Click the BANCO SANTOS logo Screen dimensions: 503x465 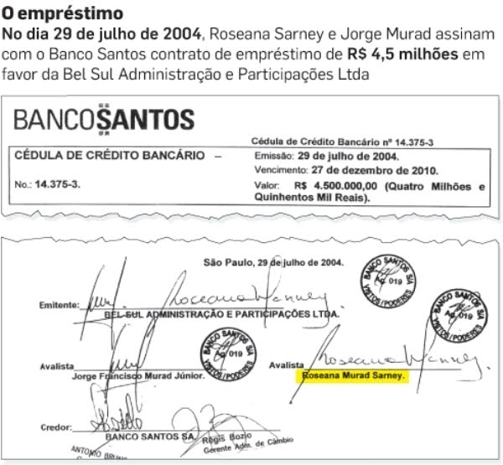point(103,119)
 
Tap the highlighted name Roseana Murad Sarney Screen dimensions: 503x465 point(355,377)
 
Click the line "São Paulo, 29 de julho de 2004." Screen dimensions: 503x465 point(273,262)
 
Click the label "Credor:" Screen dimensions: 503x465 point(55,427)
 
